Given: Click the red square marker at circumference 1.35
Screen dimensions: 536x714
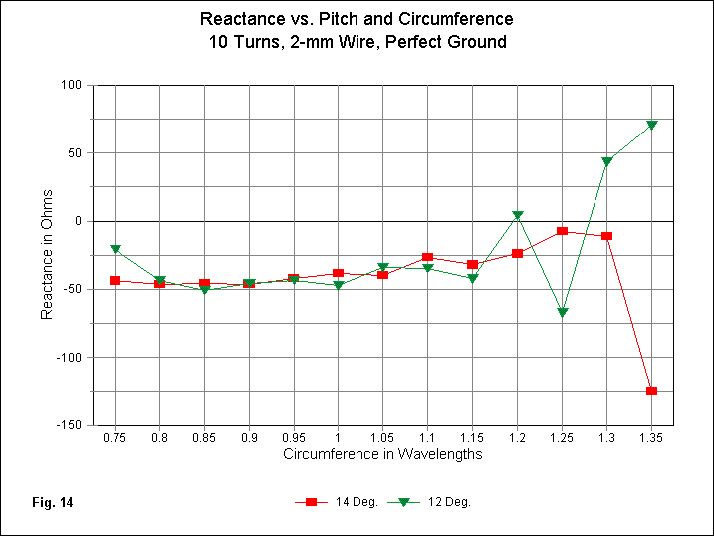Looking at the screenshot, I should coord(651,391).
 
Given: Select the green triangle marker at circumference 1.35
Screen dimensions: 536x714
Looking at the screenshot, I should coord(651,125).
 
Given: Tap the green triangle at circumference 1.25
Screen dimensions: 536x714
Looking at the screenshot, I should coord(562,312).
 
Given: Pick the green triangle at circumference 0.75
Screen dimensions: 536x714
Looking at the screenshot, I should coord(116,248).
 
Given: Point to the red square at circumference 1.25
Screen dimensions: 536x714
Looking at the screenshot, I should coord(562,231).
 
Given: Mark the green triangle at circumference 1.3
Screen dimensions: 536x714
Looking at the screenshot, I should coord(606,161).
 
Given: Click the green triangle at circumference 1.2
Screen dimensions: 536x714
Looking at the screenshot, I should coord(518,215).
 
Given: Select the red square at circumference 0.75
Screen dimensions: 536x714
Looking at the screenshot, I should coord(116,281).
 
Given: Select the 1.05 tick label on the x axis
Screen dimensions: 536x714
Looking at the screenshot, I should coord(383,437).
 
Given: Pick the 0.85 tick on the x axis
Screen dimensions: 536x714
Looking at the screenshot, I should coord(204,437).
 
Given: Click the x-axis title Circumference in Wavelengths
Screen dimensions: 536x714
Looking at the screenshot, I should coord(382,454).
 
